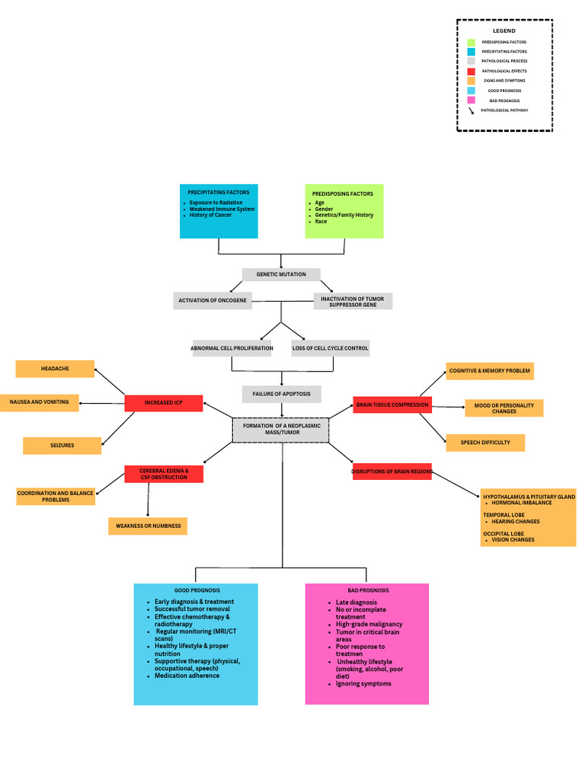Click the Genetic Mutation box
click(281, 274)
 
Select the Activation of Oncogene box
click(213, 301)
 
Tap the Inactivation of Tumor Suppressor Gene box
click(353, 301)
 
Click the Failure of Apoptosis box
click(281, 394)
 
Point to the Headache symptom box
click(55, 369)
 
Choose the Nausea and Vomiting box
click(39, 402)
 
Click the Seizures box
click(62, 446)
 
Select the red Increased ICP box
click(164, 403)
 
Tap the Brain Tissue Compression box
click(392, 405)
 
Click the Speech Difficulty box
click(485, 443)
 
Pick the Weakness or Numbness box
click(147, 526)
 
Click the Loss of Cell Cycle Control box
click(331, 348)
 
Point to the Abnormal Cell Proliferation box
click(232, 348)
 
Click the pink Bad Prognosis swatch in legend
click(471, 100)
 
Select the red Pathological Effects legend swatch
click(471, 71)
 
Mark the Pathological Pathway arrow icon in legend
click(472, 110)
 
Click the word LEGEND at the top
click(503, 30)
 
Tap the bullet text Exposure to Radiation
click(216, 203)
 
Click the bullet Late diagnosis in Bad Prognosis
click(356, 603)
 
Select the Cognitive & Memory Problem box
click(489, 371)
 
